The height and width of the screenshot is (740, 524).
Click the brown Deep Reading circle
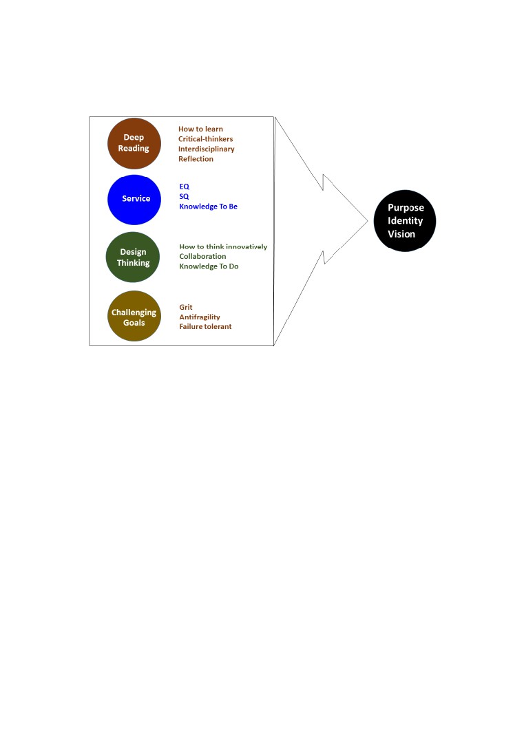[x=134, y=143]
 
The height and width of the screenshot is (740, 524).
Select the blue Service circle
[x=134, y=200]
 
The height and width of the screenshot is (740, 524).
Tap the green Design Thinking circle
[x=133, y=257]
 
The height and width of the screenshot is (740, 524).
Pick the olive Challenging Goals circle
[x=134, y=316]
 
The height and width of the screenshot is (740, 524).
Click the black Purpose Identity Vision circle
[x=405, y=221]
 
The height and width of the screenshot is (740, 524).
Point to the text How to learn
[x=200, y=129]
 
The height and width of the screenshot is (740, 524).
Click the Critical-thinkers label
[x=205, y=139]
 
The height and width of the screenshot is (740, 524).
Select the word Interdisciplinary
[x=207, y=149]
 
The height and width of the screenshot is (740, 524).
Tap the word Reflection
[x=196, y=159]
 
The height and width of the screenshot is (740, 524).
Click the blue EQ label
[x=184, y=187]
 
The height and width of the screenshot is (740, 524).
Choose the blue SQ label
[x=184, y=196]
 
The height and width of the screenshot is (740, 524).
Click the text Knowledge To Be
[x=208, y=207]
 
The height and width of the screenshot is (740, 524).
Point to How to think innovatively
[x=223, y=246]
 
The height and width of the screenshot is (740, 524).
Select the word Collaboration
[x=202, y=256]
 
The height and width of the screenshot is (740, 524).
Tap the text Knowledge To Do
[x=209, y=266]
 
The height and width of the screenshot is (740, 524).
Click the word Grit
[x=185, y=307]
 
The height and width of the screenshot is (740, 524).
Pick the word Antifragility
[x=199, y=317]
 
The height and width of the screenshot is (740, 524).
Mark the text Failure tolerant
[x=205, y=326]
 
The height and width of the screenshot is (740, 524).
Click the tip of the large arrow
[x=368, y=220]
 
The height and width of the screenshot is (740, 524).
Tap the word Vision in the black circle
[x=401, y=234]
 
